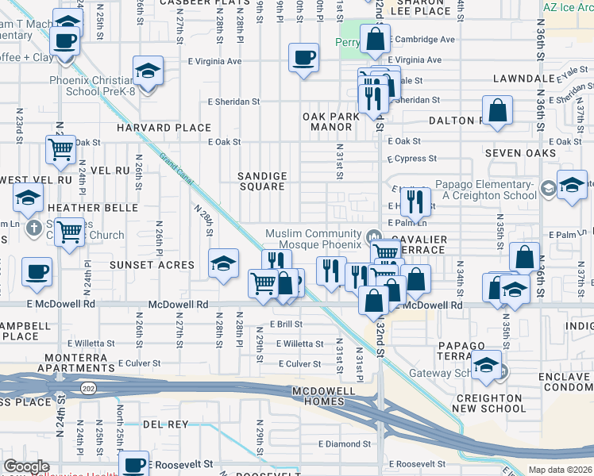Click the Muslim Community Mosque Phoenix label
point(313,239)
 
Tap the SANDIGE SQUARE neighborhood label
point(262,181)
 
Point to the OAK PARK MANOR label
point(331,121)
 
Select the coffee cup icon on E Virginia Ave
point(304,57)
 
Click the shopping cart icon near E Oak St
point(60,148)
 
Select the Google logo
point(26,466)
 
